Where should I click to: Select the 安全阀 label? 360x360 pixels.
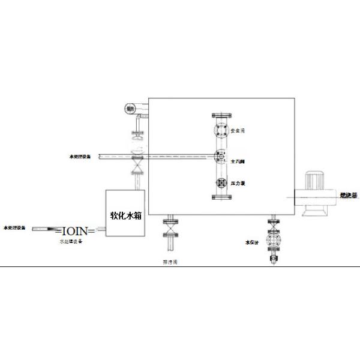click(238, 130)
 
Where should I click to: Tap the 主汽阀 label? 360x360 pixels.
click(238, 161)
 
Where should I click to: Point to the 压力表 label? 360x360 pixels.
click(238, 183)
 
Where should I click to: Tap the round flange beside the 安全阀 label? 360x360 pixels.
click(220, 130)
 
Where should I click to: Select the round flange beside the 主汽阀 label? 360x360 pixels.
click(220, 157)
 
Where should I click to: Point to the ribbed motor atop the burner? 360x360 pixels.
click(315, 178)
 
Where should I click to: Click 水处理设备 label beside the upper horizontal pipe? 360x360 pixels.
click(80, 157)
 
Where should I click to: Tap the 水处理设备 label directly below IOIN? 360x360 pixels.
click(71, 241)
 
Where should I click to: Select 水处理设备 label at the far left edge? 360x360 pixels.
click(14, 229)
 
